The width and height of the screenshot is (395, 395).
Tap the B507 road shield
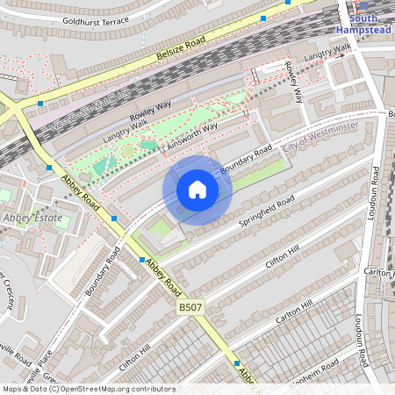pos(190,307)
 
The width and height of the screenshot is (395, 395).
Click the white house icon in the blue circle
pos(197,190)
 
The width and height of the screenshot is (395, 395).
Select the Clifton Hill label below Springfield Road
pos(285,255)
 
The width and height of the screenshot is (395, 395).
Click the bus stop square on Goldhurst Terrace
pos(263,18)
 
